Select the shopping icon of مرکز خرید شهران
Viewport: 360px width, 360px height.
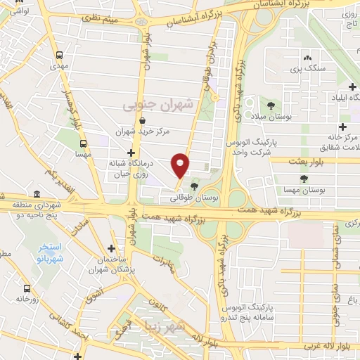(x=142, y=120)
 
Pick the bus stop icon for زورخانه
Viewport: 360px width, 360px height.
(x=27, y=288)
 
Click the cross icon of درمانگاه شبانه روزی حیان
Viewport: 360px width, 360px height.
(x=130, y=153)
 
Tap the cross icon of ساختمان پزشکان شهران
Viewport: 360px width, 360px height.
(x=111, y=248)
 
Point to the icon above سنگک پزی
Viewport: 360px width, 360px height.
(x=306, y=58)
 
